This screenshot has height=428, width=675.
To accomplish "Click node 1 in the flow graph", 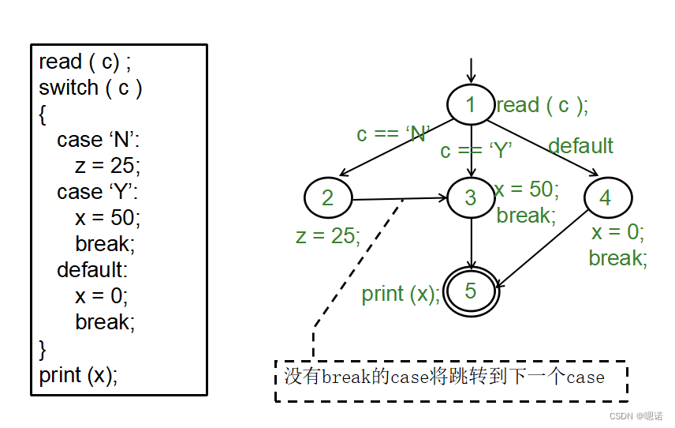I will pyautogui.click(x=471, y=104).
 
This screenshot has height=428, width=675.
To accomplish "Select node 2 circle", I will pyautogui.click(x=327, y=197).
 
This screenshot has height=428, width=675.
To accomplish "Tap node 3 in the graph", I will pyautogui.click(x=471, y=197).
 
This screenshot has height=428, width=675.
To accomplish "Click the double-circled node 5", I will pyautogui.click(x=471, y=291).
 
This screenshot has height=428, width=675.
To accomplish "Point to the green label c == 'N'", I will pyautogui.click(x=392, y=134).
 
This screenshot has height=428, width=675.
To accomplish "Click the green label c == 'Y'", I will pyautogui.click(x=476, y=150).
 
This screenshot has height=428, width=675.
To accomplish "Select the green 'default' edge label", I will pyautogui.click(x=580, y=146).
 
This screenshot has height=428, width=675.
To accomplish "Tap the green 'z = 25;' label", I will pyautogui.click(x=328, y=235).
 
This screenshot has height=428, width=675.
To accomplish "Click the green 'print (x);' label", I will pyautogui.click(x=401, y=294).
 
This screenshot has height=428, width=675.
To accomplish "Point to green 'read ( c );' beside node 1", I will pyautogui.click(x=542, y=105).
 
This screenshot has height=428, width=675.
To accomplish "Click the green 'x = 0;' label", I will pyautogui.click(x=618, y=232).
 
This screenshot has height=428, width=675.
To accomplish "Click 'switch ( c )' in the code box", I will pyautogui.click(x=90, y=88).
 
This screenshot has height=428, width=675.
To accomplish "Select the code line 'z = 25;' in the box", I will pyautogui.click(x=107, y=165).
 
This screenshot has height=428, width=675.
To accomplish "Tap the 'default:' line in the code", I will pyautogui.click(x=91, y=269).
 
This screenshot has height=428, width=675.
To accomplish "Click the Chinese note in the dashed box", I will pyautogui.click(x=444, y=377).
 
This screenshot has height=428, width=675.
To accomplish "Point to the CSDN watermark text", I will pyautogui.click(x=636, y=415).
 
